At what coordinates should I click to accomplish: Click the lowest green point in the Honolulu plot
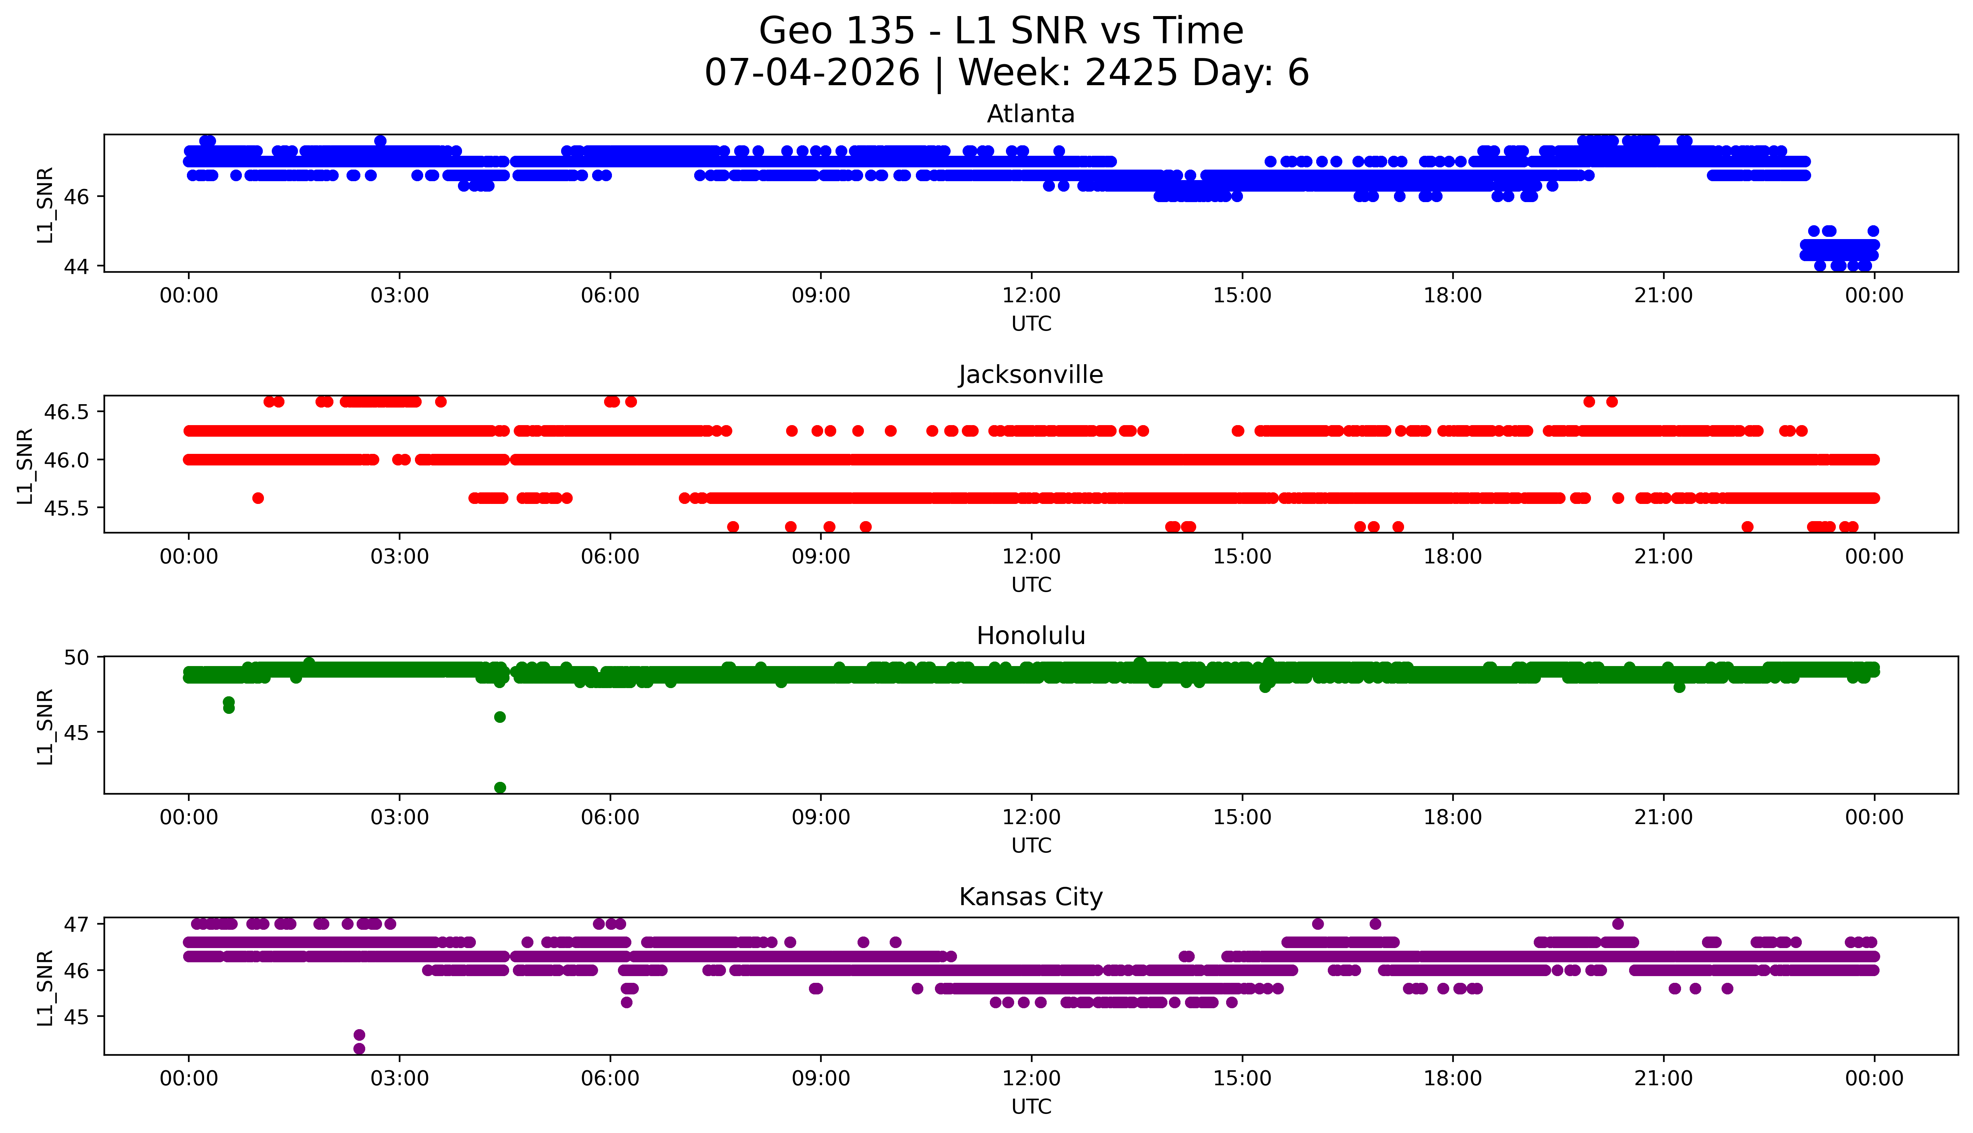coord(500,787)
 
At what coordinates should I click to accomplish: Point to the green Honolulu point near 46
coord(500,717)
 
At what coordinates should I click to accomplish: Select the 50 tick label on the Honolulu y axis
coord(77,657)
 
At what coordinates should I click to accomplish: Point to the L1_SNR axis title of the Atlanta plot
coord(45,204)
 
